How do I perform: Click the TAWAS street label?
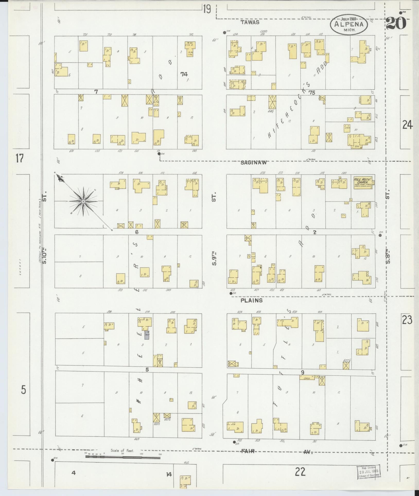[x=250, y=23]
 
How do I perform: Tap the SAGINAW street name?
[x=254, y=163]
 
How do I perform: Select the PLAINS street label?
[x=251, y=300]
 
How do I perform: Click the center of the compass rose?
[x=83, y=201]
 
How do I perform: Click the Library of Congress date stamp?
[x=368, y=472]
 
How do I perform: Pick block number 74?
[x=184, y=74]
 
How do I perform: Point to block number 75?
[x=312, y=93]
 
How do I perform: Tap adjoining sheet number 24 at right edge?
[x=408, y=125]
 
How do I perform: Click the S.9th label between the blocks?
[x=214, y=259]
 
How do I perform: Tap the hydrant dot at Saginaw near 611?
[x=159, y=154]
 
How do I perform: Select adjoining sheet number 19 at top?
[x=206, y=9]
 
